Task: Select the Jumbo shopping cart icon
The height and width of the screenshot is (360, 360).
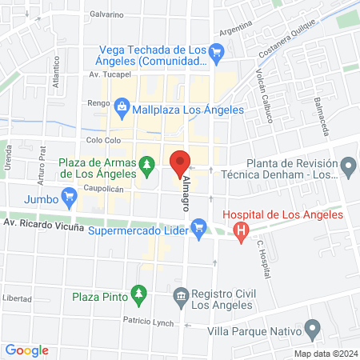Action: [x=70, y=194]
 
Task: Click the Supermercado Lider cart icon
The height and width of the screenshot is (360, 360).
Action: [x=200, y=231]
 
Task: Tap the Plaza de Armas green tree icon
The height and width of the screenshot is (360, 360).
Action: [x=146, y=166]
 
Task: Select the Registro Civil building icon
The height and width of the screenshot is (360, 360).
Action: [x=180, y=298]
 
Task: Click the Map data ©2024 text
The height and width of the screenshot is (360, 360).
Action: [x=324, y=354]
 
